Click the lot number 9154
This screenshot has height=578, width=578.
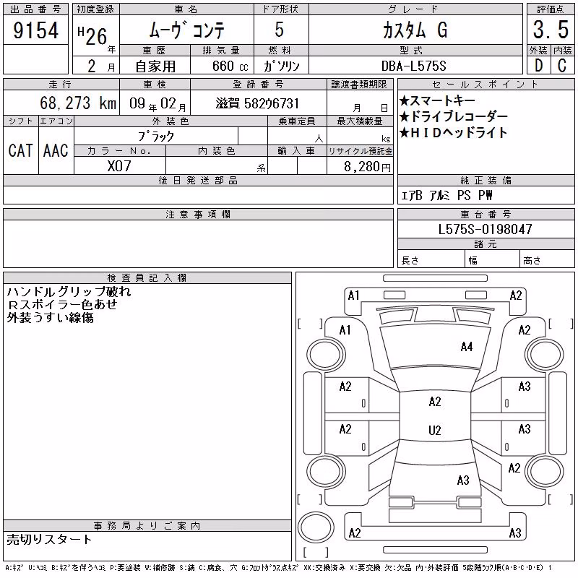(x=35, y=30)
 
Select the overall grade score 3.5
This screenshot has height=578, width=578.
(x=551, y=30)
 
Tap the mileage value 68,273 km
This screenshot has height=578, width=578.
(x=78, y=103)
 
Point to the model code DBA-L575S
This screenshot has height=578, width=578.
(x=413, y=66)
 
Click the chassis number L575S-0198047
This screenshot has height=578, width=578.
(x=485, y=229)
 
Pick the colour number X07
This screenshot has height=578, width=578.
(x=119, y=166)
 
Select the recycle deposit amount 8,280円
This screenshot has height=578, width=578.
(x=367, y=167)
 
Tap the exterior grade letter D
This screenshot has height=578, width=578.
(x=538, y=66)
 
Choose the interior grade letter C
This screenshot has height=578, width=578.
(x=562, y=66)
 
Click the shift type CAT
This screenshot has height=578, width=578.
(x=20, y=150)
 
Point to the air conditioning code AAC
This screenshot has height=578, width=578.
(x=56, y=150)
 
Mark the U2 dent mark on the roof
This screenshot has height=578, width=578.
(x=435, y=430)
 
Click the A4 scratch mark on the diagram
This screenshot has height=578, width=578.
(x=466, y=347)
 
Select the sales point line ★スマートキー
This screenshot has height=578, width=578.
(x=437, y=100)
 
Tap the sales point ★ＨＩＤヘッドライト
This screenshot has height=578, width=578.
(x=454, y=132)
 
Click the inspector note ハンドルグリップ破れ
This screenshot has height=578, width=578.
(x=69, y=292)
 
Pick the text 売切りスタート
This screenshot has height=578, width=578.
(x=49, y=539)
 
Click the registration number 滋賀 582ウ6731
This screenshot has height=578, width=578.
(x=257, y=103)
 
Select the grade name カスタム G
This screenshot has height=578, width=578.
(x=415, y=30)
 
